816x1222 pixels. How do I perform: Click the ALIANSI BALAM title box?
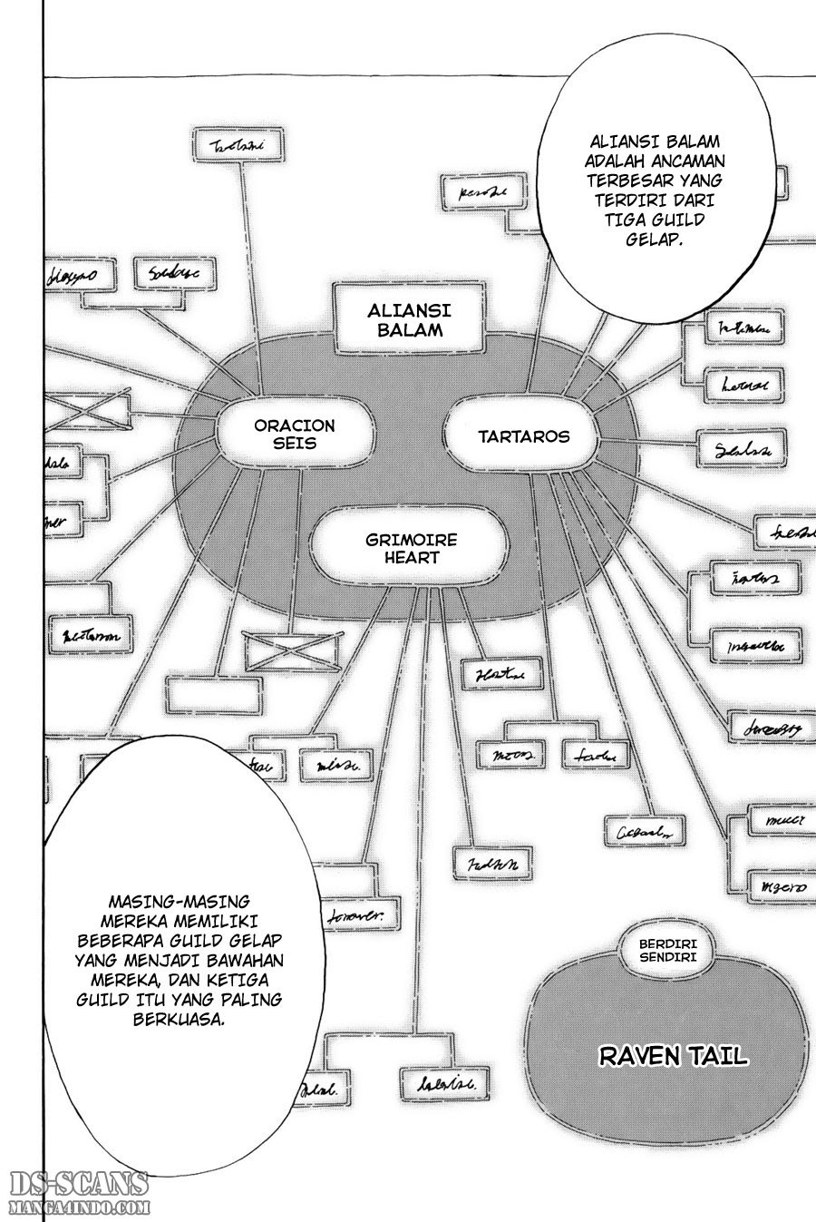click(405, 319)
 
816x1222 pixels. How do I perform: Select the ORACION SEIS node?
click(294, 435)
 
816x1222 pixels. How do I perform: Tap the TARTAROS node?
click(523, 436)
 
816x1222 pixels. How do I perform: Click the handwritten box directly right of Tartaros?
click(742, 448)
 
